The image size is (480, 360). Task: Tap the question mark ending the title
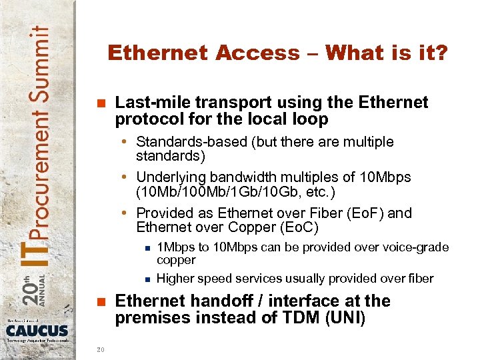click(441, 53)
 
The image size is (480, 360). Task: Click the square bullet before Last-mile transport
click(101, 103)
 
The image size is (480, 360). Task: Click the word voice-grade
click(414, 247)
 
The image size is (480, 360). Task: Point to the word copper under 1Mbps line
click(176, 260)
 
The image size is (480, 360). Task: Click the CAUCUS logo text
click(38, 331)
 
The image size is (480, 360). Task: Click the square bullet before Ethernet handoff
click(101, 301)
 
